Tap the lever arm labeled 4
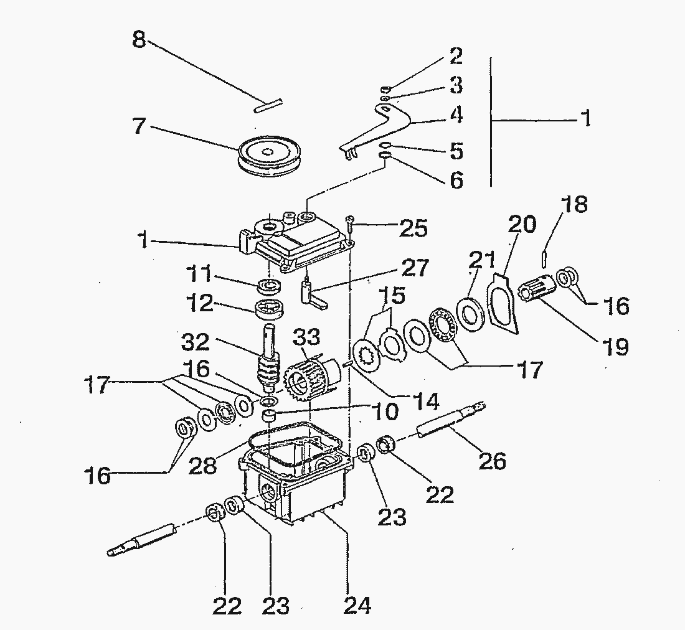coord(380,127)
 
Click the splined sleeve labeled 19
coord(535,291)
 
